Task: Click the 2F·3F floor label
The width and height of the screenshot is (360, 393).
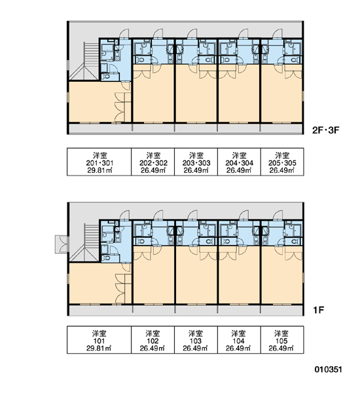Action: [x=325, y=130]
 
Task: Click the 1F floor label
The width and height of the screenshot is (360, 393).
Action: [x=319, y=310]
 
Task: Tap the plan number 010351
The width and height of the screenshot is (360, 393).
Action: [x=328, y=369]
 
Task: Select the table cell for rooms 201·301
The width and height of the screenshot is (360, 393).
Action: [x=99, y=162]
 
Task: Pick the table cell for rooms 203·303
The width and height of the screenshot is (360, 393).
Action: [x=196, y=162]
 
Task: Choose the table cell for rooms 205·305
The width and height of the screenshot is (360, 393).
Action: [x=282, y=162]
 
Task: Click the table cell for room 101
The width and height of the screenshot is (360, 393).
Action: [x=99, y=340]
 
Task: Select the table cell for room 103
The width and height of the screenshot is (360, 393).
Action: [x=196, y=340]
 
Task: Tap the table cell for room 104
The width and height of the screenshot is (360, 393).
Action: [x=239, y=340]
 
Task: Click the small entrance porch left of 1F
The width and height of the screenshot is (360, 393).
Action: [x=61, y=244]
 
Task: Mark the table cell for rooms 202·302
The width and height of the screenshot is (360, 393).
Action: [x=153, y=162]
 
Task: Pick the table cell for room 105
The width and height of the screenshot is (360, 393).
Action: [x=282, y=340]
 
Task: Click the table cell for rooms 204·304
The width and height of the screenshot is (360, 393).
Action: [x=239, y=162]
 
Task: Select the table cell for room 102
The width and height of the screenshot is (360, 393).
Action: [x=153, y=340]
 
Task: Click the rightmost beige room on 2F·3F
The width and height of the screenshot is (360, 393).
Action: [x=282, y=93]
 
